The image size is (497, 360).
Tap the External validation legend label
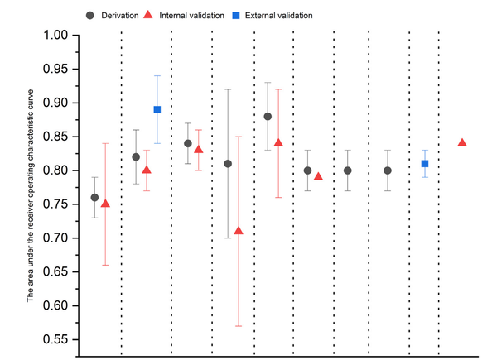tap(285, 15)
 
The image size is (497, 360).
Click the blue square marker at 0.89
tap(157, 109)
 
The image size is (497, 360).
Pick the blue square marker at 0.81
tap(424, 164)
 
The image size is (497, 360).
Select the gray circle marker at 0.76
tap(94, 198)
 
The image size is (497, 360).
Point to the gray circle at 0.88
tap(268, 117)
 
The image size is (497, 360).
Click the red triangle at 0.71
tap(239, 231)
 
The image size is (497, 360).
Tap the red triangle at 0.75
tap(105, 204)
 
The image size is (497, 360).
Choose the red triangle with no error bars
tap(462, 142)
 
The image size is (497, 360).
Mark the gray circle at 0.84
tap(187, 143)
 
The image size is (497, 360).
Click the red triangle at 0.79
tap(318, 176)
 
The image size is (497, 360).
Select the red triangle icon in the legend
tap(147, 15)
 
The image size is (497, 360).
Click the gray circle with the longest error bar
tap(228, 164)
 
